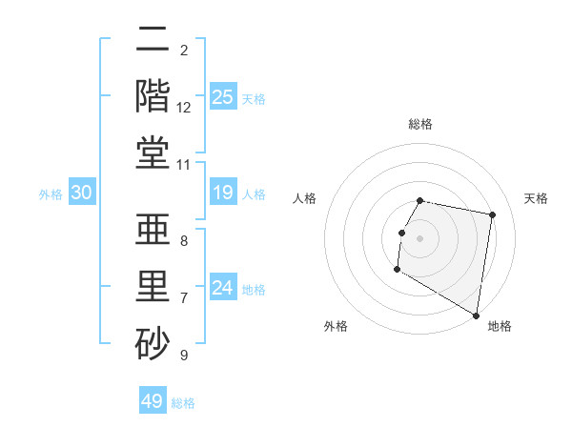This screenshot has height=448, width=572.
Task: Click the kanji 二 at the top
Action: click(153, 42)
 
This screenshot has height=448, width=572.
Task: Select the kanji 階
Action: click(153, 96)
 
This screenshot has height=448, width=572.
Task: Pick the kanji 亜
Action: click(153, 231)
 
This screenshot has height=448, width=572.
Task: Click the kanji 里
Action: click(153, 285)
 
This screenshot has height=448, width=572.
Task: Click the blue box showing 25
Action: click(222, 96)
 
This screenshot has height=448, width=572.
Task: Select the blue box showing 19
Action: click(222, 193)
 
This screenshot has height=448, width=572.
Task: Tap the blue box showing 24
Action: click(222, 288)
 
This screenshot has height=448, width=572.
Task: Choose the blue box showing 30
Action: click(81, 193)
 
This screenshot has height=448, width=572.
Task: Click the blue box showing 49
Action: click(153, 401)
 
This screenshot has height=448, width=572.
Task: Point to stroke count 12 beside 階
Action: click(184, 108)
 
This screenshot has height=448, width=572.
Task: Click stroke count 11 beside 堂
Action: click(184, 165)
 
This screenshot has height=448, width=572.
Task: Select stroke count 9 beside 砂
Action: click(184, 355)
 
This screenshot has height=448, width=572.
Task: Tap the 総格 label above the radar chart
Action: click(420, 124)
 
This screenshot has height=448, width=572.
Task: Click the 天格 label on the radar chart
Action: click(537, 198)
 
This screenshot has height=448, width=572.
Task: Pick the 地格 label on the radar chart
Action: click(500, 326)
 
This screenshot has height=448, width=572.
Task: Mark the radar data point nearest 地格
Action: click(476, 316)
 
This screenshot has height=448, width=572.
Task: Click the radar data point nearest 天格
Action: click(492, 215)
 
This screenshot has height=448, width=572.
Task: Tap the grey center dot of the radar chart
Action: click(419, 238)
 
